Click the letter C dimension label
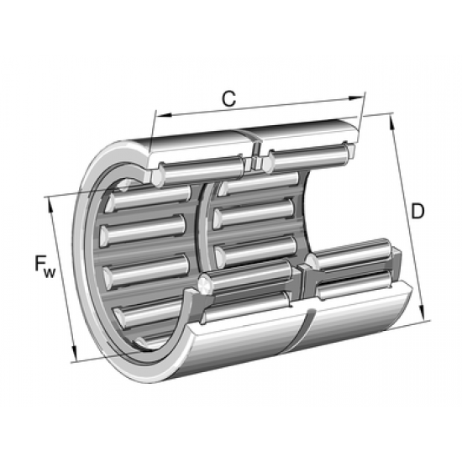point(228,98)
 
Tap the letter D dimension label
point(417,211)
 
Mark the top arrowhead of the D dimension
point(391,118)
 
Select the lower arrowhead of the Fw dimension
point(76,356)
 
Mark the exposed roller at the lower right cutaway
point(353,256)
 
